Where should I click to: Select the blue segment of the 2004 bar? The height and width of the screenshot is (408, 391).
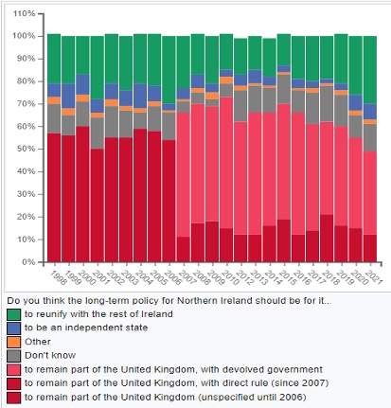[x=140, y=96]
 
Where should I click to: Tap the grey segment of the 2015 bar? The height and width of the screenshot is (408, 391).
[x=284, y=89]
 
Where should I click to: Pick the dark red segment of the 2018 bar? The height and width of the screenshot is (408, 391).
[x=327, y=239]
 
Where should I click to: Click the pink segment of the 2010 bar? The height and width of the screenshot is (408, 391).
[x=226, y=163]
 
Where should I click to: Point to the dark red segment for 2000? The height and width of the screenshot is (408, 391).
[x=82, y=194]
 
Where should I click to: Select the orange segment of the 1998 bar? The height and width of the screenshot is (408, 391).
[x=54, y=100]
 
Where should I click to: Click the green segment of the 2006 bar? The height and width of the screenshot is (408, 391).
[x=169, y=70]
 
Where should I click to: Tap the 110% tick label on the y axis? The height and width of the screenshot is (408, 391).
[x=24, y=14]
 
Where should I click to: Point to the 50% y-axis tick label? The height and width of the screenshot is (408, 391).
[x=26, y=149]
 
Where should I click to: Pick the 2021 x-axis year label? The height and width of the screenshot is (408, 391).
[x=375, y=277]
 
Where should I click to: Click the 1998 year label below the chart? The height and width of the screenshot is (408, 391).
[x=59, y=277]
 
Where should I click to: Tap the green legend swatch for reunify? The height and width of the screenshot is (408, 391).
[x=14, y=314]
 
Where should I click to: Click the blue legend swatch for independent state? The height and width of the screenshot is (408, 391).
[x=14, y=328]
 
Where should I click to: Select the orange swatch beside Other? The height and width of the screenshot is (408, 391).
[x=14, y=342]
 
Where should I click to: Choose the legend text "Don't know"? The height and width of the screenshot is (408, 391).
[x=50, y=355]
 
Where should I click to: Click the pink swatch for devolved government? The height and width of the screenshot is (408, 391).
[x=14, y=370]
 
